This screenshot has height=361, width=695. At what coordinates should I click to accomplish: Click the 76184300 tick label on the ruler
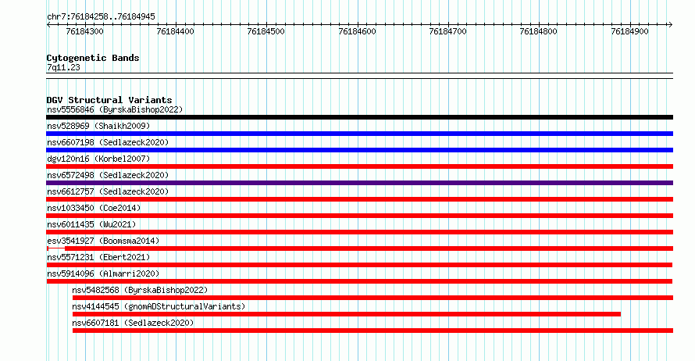[x=84, y=31]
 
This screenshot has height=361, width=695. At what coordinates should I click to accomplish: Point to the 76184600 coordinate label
[x=357, y=31]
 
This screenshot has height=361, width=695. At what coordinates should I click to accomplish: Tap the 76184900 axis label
[x=629, y=31]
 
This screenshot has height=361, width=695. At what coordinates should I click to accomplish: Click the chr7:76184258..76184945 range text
[x=101, y=17]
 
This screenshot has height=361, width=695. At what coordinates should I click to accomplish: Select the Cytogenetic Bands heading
[x=93, y=58]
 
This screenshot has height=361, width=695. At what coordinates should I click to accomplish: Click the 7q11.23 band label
[x=63, y=67]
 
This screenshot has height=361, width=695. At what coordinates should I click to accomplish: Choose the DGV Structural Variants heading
[x=109, y=100]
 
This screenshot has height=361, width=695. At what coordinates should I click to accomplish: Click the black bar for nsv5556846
[x=359, y=117]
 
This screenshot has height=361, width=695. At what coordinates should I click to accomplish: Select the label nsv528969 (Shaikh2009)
[x=98, y=126]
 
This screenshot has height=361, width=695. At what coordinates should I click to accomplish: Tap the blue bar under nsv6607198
[x=359, y=150]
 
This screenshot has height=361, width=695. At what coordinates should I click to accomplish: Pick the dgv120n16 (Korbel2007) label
[x=98, y=159]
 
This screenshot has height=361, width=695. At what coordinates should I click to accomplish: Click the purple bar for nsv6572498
[x=359, y=183]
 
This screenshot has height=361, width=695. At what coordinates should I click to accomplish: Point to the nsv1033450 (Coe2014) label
[x=94, y=208]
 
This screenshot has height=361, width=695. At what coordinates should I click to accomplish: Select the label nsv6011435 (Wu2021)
[x=91, y=224]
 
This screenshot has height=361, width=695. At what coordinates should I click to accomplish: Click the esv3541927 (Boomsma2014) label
[x=103, y=241]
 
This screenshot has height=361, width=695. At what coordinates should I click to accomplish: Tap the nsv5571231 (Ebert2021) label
[x=98, y=257]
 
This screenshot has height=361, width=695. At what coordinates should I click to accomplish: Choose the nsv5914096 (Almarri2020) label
[x=103, y=273]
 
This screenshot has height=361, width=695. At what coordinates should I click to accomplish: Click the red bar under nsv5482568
[x=372, y=298]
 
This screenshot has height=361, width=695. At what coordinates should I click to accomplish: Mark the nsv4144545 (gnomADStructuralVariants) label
[x=159, y=306]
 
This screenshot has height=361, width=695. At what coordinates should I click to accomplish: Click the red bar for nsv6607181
[x=372, y=331]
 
